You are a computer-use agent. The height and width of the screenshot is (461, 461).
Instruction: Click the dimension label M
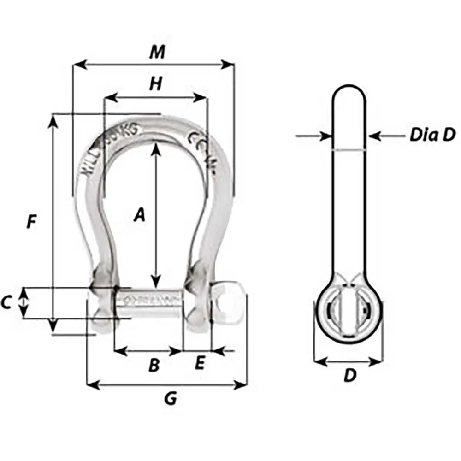(x=157, y=53)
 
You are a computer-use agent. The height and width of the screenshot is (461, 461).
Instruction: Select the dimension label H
(x=156, y=84)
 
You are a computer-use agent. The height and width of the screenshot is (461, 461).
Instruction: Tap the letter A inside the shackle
(x=139, y=215)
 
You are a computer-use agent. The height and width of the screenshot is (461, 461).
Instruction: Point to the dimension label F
(x=31, y=222)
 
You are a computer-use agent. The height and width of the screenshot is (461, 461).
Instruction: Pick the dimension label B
(x=154, y=366)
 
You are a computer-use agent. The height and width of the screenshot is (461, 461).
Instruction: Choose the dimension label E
(x=199, y=364)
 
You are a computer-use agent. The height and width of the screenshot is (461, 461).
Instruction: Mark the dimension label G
(x=171, y=399)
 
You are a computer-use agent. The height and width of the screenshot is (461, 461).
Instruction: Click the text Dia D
(x=432, y=135)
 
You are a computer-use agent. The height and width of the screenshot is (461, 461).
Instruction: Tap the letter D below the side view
(x=350, y=376)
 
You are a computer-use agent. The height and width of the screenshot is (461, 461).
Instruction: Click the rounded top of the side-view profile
(x=349, y=91)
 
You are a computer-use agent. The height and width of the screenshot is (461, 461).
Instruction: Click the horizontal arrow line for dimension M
(x=154, y=65)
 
